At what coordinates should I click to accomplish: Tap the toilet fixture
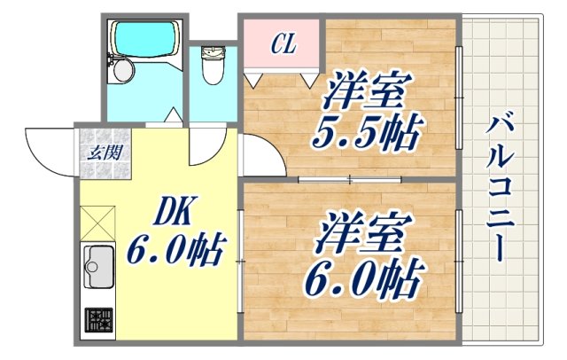(x=213, y=64)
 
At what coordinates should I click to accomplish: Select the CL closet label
(x=282, y=43)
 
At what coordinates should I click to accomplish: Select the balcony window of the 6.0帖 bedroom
(x=459, y=262)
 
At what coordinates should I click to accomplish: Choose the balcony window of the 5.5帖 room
(x=459, y=98)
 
